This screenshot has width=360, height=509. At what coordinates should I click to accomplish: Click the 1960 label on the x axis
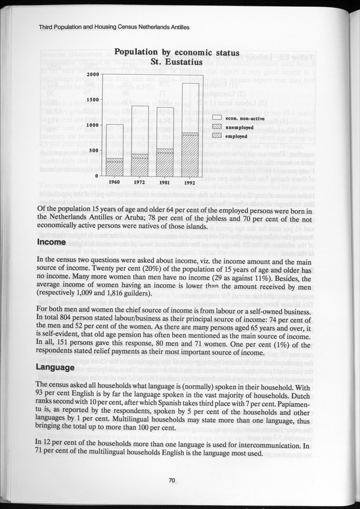coord(115,182)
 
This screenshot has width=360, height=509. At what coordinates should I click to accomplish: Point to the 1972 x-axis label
coord(140,182)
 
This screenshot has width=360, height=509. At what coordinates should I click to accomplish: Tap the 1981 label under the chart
coord(165,182)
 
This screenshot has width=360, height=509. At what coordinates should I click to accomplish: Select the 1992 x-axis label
coord(190,182)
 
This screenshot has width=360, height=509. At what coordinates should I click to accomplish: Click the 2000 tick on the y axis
coord(93,74)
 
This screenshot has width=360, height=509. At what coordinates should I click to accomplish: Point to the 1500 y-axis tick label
coord(93,100)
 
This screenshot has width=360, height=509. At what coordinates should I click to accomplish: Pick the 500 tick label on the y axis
coord(95,151)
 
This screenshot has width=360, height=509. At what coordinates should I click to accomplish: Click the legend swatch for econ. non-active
coord(217,118)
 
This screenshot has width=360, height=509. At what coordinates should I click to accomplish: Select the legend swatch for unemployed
coord(217,127)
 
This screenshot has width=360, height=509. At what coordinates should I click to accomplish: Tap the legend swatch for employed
coord(217,137)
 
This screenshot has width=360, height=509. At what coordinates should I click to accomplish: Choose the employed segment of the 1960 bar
coord(115,169)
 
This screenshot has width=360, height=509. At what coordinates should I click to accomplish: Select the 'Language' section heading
coord(57,367)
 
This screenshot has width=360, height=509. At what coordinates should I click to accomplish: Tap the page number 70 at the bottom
coord(171,480)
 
